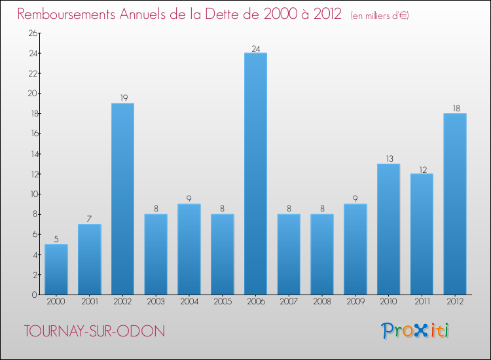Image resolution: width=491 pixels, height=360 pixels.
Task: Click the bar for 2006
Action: [255, 173]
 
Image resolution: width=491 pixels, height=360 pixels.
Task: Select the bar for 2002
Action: [122, 199]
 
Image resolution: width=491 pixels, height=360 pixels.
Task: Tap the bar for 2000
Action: [56, 269]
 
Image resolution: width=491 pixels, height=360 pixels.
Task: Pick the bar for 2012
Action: [454, 204]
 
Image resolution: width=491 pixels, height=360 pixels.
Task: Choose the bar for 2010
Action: [388, 229]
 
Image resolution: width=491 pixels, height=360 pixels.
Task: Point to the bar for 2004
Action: [189, 249]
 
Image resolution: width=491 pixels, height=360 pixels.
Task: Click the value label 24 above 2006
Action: [255, 48]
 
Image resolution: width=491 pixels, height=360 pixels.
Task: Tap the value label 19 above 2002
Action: [122, 98]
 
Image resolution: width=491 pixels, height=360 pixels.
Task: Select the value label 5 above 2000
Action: [56, 240]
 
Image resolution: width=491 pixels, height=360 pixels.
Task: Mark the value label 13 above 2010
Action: [388, 159]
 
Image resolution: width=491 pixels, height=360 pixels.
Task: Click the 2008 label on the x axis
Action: [321, 302]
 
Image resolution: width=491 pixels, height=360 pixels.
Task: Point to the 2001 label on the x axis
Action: [89, 302]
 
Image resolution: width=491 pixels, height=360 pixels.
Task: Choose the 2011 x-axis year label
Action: [422, 302]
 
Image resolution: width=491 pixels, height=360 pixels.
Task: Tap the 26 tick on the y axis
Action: [32, 33]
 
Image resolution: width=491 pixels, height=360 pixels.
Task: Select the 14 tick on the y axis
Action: [32, 154]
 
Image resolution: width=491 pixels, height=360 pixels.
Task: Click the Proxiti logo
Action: [415, 331]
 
